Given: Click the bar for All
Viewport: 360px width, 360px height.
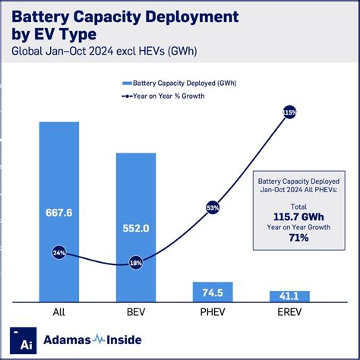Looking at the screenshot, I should pos(58,213).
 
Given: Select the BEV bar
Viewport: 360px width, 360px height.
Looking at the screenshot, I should pos(136,228).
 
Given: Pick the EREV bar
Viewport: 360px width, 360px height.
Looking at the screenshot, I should pos(289,297).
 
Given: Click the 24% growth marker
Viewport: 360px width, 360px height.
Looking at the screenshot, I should pos(58,253).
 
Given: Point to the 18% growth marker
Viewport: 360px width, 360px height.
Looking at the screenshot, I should pos(136,262).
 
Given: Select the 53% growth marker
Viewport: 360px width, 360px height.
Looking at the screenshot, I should pos(213,207).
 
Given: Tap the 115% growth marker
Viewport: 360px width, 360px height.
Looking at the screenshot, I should pos(289,112).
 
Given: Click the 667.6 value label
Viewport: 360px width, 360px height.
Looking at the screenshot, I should pos(58,213).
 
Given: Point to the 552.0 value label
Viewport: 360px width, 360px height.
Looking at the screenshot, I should pos(136,226).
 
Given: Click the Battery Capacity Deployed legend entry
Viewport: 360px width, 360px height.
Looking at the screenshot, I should pos(175,83).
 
